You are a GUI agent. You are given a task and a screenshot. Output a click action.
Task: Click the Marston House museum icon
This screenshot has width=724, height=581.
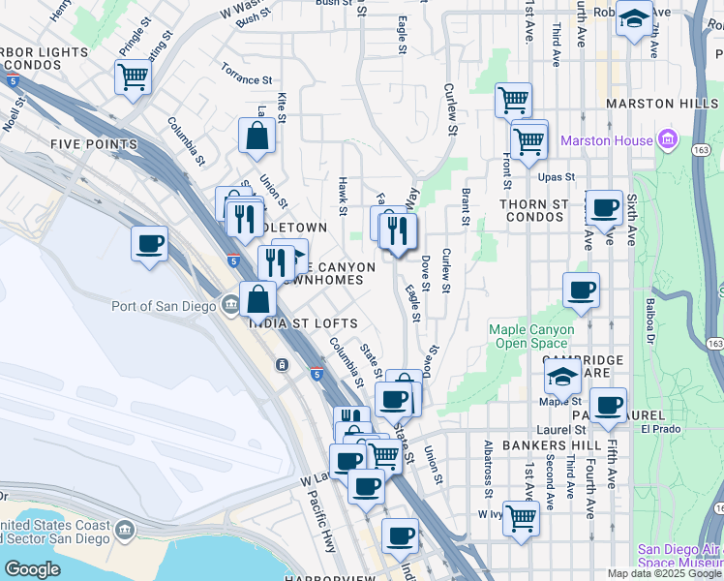click(667, 140)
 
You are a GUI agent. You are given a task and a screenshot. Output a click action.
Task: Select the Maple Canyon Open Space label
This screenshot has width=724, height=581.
click(531, 336)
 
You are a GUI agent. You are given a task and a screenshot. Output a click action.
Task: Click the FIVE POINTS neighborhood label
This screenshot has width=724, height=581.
click(94, 144)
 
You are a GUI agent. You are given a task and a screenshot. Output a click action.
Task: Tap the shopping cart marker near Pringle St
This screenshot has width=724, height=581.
click(133, 76)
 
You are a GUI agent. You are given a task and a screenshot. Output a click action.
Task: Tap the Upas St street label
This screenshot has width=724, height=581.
click(557, 178)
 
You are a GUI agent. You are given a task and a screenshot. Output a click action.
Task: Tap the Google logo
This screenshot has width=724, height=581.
click(32, 569)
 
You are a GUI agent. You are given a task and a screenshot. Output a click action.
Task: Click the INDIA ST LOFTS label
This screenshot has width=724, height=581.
click(304, 323)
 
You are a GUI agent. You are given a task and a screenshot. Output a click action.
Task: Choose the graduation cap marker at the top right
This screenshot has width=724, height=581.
click(634, 18)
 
